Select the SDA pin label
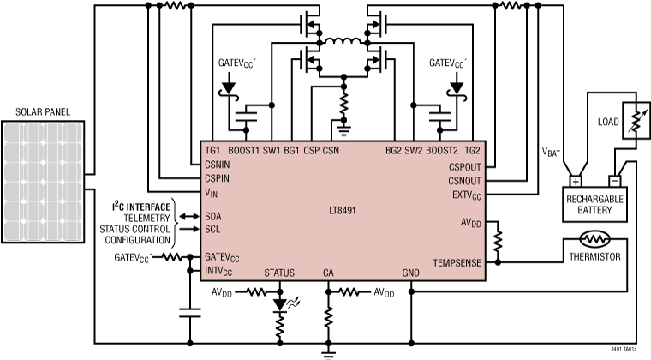pos(212,217)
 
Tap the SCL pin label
pos(212,230)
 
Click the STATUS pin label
pos(279,273)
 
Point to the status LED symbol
pos(279,304)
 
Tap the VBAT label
pos(553,151)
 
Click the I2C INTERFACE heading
pos(143,207)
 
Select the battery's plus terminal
pos(576,182)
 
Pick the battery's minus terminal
pos(613,182)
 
